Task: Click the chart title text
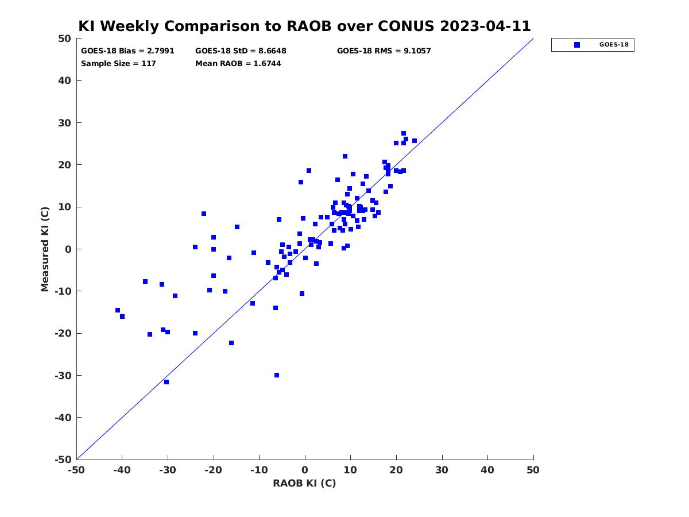(x=304, y=26)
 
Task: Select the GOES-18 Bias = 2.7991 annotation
(x=127, y=51)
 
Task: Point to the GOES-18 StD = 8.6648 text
(x=241, y=51)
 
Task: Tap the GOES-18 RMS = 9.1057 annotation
(x=384, y=51)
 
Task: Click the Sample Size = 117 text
(x=118, y=63)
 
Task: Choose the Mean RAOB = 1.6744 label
(x=238, y=63)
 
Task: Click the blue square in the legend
(x=576, y=45)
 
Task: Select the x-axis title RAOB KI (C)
(x=304, y=483)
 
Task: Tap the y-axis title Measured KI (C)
(x=45, y=249)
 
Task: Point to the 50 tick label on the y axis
(x=65, y=38)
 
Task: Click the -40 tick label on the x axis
(x=122, y=470)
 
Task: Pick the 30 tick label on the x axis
(x=442, y=470)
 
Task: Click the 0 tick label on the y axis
(x=68, y=249)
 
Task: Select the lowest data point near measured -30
(x=167, y=382)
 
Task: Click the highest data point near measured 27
(x=404, y=133)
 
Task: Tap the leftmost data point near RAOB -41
(x=118, y=310)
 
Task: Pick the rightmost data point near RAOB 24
(x=415, y=141)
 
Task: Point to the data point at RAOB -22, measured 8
(x=204, y=214)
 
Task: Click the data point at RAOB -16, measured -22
(x=231, y=343)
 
